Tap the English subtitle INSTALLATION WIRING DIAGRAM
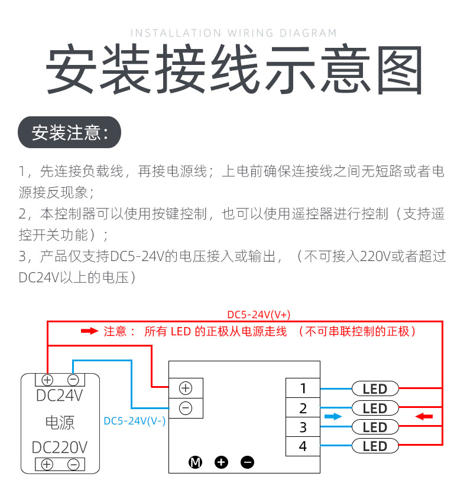tap(234, 33)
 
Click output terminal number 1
tap(303, 388)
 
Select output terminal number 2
tap(303, 408)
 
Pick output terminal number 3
tap(303, 427)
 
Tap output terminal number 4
tap(303, 446)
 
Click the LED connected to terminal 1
tap(375, 388)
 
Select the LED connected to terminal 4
tap(375, 446)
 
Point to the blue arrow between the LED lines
tap(333, 417)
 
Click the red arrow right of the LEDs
tap(424, 417)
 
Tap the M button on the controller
tap(195, 462)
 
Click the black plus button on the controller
tap(222, 462)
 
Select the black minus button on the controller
tap(248, 462)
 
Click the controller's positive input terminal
tap(186, 388)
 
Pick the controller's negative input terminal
tap(186, 407)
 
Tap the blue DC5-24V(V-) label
tap(135, 421)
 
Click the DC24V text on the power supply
tap(60, 395)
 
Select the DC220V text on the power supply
tap(60, 447)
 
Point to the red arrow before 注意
tap(89, 331)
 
